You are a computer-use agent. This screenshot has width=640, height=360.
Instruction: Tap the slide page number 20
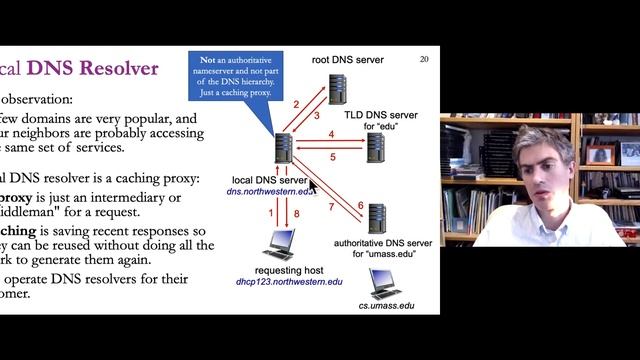pos(424,59)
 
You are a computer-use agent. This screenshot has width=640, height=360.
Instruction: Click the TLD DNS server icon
pos(375,148)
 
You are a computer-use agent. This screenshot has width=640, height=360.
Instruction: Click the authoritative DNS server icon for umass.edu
pos(377,218)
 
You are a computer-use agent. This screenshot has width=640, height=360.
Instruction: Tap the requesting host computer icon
pos(276,245)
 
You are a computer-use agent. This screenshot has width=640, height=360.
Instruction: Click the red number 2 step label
pos(296,104)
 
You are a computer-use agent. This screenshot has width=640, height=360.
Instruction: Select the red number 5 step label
pos(333,157)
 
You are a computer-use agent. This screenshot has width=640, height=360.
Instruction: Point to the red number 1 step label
pos(269,214)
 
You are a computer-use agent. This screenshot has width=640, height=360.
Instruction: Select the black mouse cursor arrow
pos(313,185)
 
